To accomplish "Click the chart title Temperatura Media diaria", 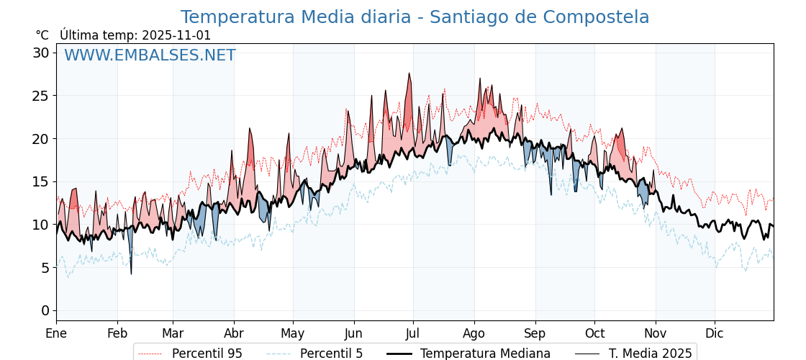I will coord(415,17).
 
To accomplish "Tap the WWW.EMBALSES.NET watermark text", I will coord(150,55).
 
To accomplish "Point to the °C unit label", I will coord(42,35).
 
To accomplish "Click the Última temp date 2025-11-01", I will coord(176,35).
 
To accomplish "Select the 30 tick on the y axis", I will coord(41,53).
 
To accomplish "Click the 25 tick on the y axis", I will coord(41,96).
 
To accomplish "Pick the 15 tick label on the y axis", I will coord(41,181).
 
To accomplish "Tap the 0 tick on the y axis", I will coord(45,310).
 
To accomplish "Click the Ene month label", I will coord(56,333).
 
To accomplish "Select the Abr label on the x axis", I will coord(234,333).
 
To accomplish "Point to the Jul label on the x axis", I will coord(413,333).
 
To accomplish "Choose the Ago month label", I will coord(474,333).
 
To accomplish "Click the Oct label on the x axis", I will coord(594,333).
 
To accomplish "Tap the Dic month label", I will coord(715,333).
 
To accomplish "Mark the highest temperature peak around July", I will coord(409,73).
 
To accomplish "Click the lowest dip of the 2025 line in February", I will coord(131,274).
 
